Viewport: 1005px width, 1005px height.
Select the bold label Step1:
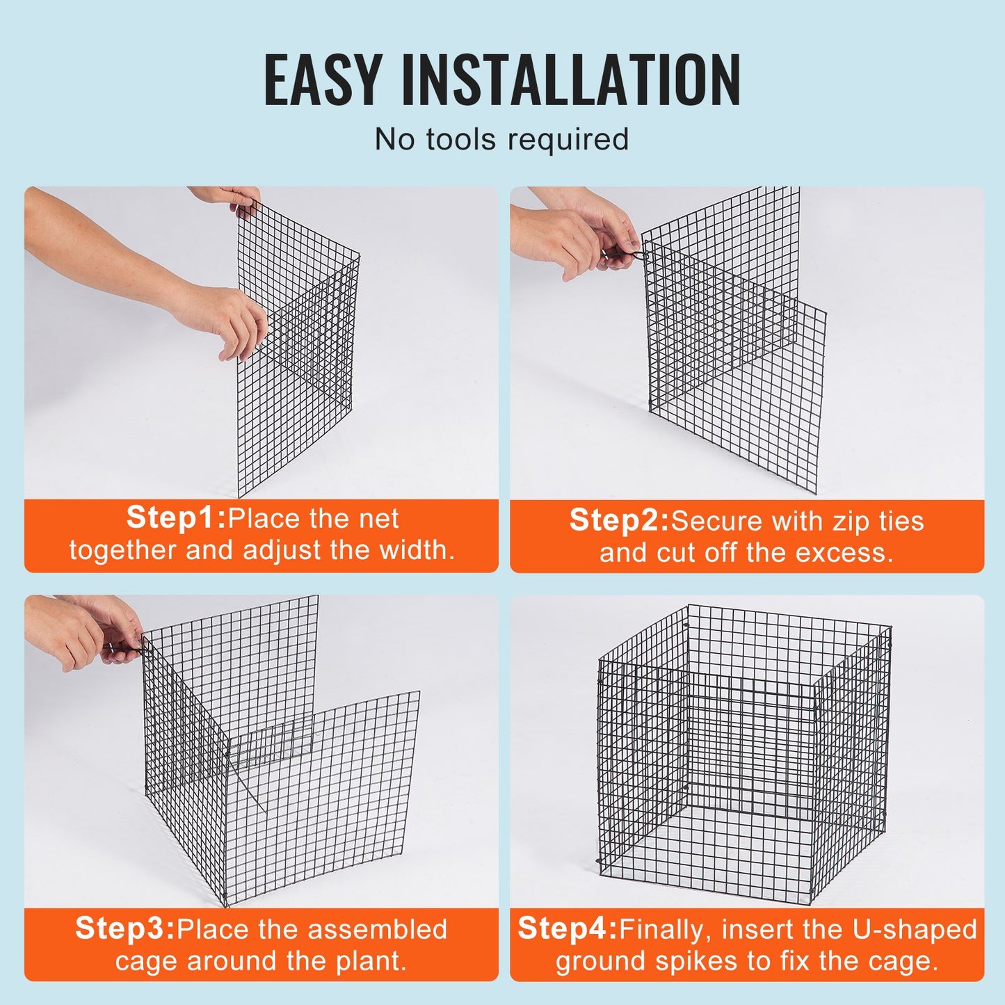177,518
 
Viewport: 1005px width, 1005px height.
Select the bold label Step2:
619,521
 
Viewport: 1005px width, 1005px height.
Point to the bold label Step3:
125,928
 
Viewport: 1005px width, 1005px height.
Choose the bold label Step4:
568,928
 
